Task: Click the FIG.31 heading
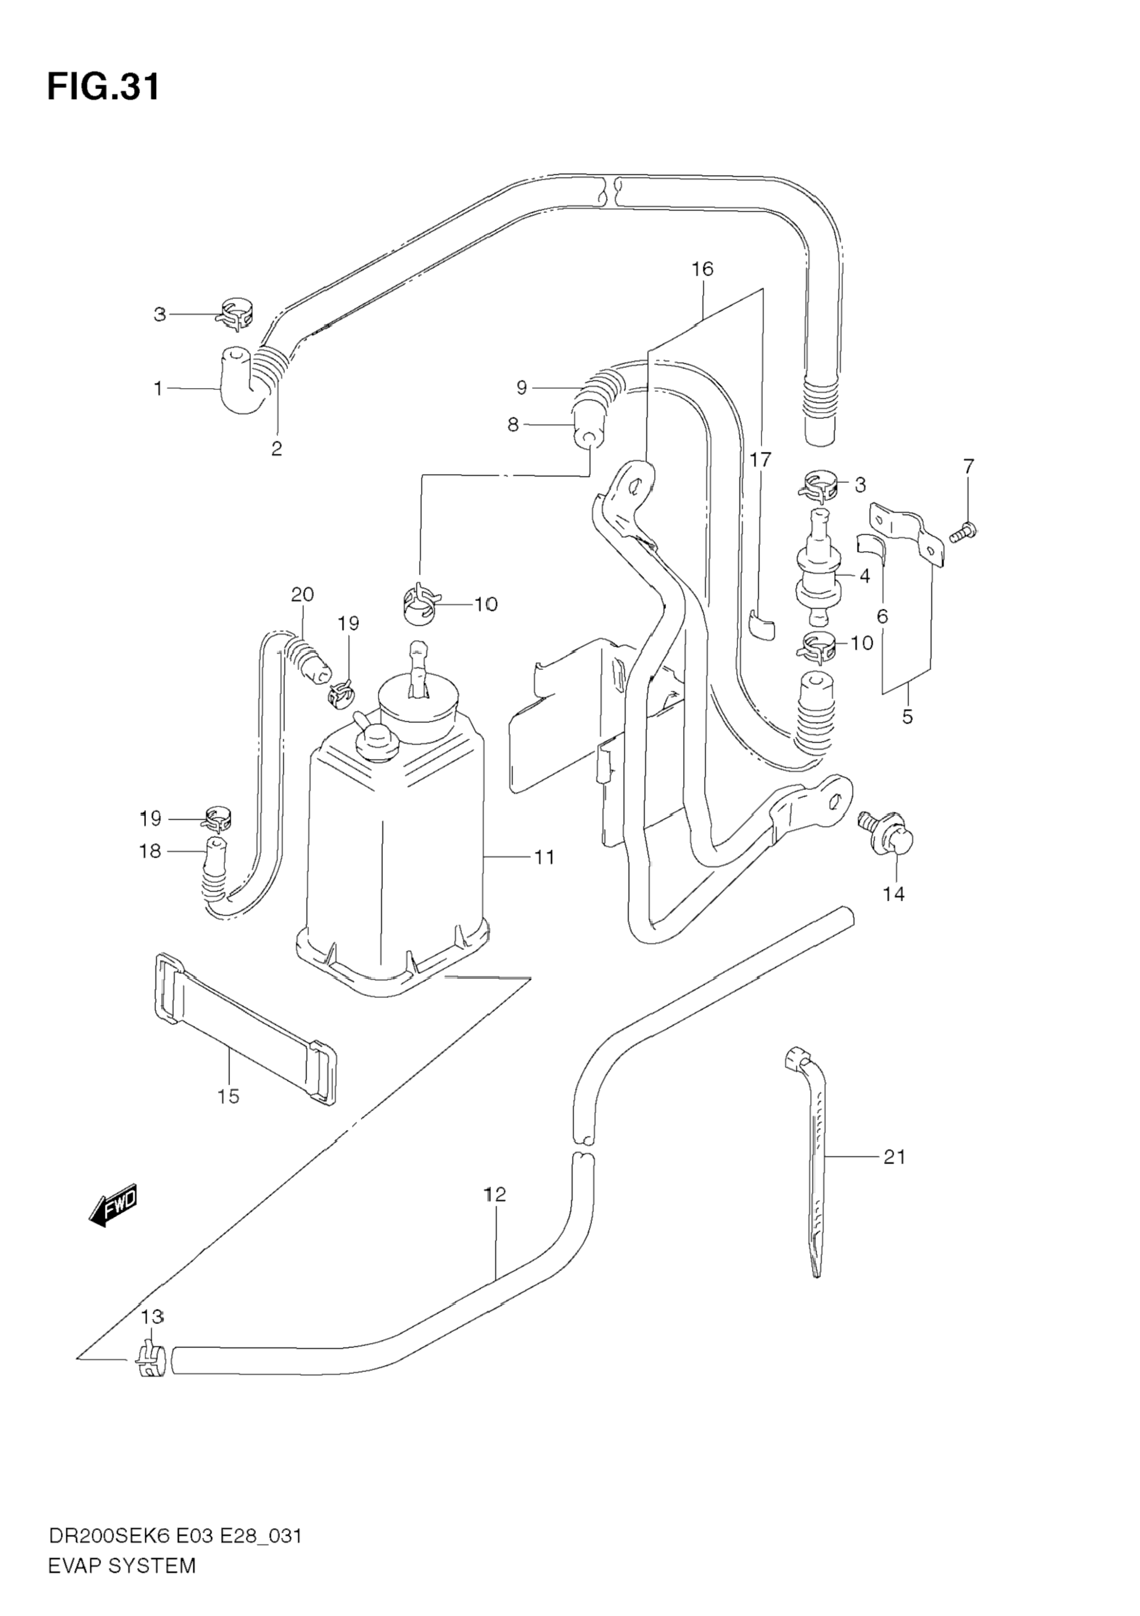click(x=104, y=87)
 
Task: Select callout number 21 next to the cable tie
click(x=894, y=1157)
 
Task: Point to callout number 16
click(x=701, y=269)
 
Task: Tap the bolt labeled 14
click(x=885, y=837)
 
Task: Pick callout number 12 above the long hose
click(x=495, y=1194)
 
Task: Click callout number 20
click(x=302, y=595)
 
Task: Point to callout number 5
click(x=907, y=717)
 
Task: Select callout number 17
click(x=760, y=460)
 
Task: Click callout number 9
click(x=521, y=387)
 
